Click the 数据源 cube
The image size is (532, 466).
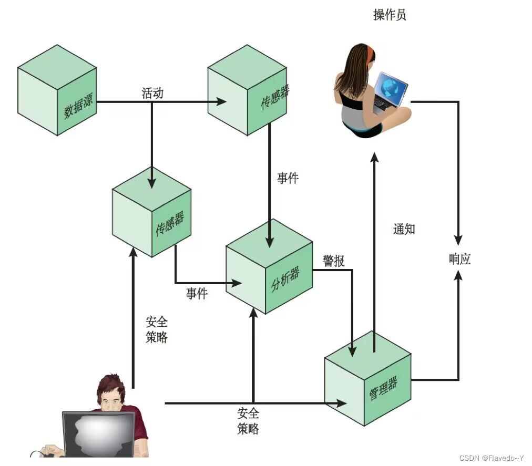click(57, 90)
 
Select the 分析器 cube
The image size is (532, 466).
click(270, 271)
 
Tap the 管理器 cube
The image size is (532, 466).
click(367, 379)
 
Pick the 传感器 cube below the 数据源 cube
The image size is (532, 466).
click(151, 213)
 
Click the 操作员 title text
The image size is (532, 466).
click(390, 15)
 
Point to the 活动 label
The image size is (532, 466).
click(152, 94)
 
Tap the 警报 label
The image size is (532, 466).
click(334, 261)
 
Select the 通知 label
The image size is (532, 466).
click(404, 229)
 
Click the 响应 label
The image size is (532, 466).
click(459, 258)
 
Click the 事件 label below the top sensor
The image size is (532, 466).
click(288, 179)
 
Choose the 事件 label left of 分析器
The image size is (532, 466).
click(197, 294)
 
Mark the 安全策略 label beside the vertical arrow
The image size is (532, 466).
click(157, 329)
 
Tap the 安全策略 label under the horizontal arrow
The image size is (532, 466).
click(248, 420)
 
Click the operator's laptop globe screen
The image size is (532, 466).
click(391, 87)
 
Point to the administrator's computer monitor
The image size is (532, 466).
click(98, 432)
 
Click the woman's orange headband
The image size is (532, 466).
click(371, 52)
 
